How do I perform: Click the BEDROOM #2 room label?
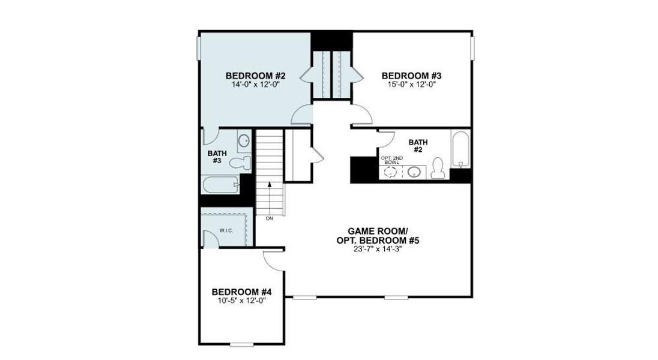255,76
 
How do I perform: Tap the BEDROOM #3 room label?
412,76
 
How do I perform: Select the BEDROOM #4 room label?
241,292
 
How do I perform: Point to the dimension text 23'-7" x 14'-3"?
378,250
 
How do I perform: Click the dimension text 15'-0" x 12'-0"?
412,85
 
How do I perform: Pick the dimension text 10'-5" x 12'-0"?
241,301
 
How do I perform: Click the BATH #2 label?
418,146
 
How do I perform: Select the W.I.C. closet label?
226,230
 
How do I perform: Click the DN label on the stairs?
269,218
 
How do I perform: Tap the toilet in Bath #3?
239,162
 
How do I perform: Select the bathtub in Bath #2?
460,149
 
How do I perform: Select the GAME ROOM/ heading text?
378,231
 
